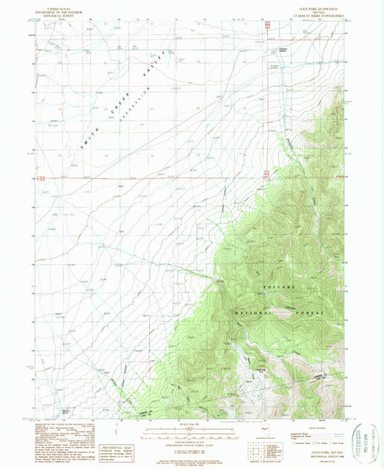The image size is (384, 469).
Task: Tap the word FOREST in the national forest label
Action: pos(313,312)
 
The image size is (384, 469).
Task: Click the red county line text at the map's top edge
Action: pos(268,25)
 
